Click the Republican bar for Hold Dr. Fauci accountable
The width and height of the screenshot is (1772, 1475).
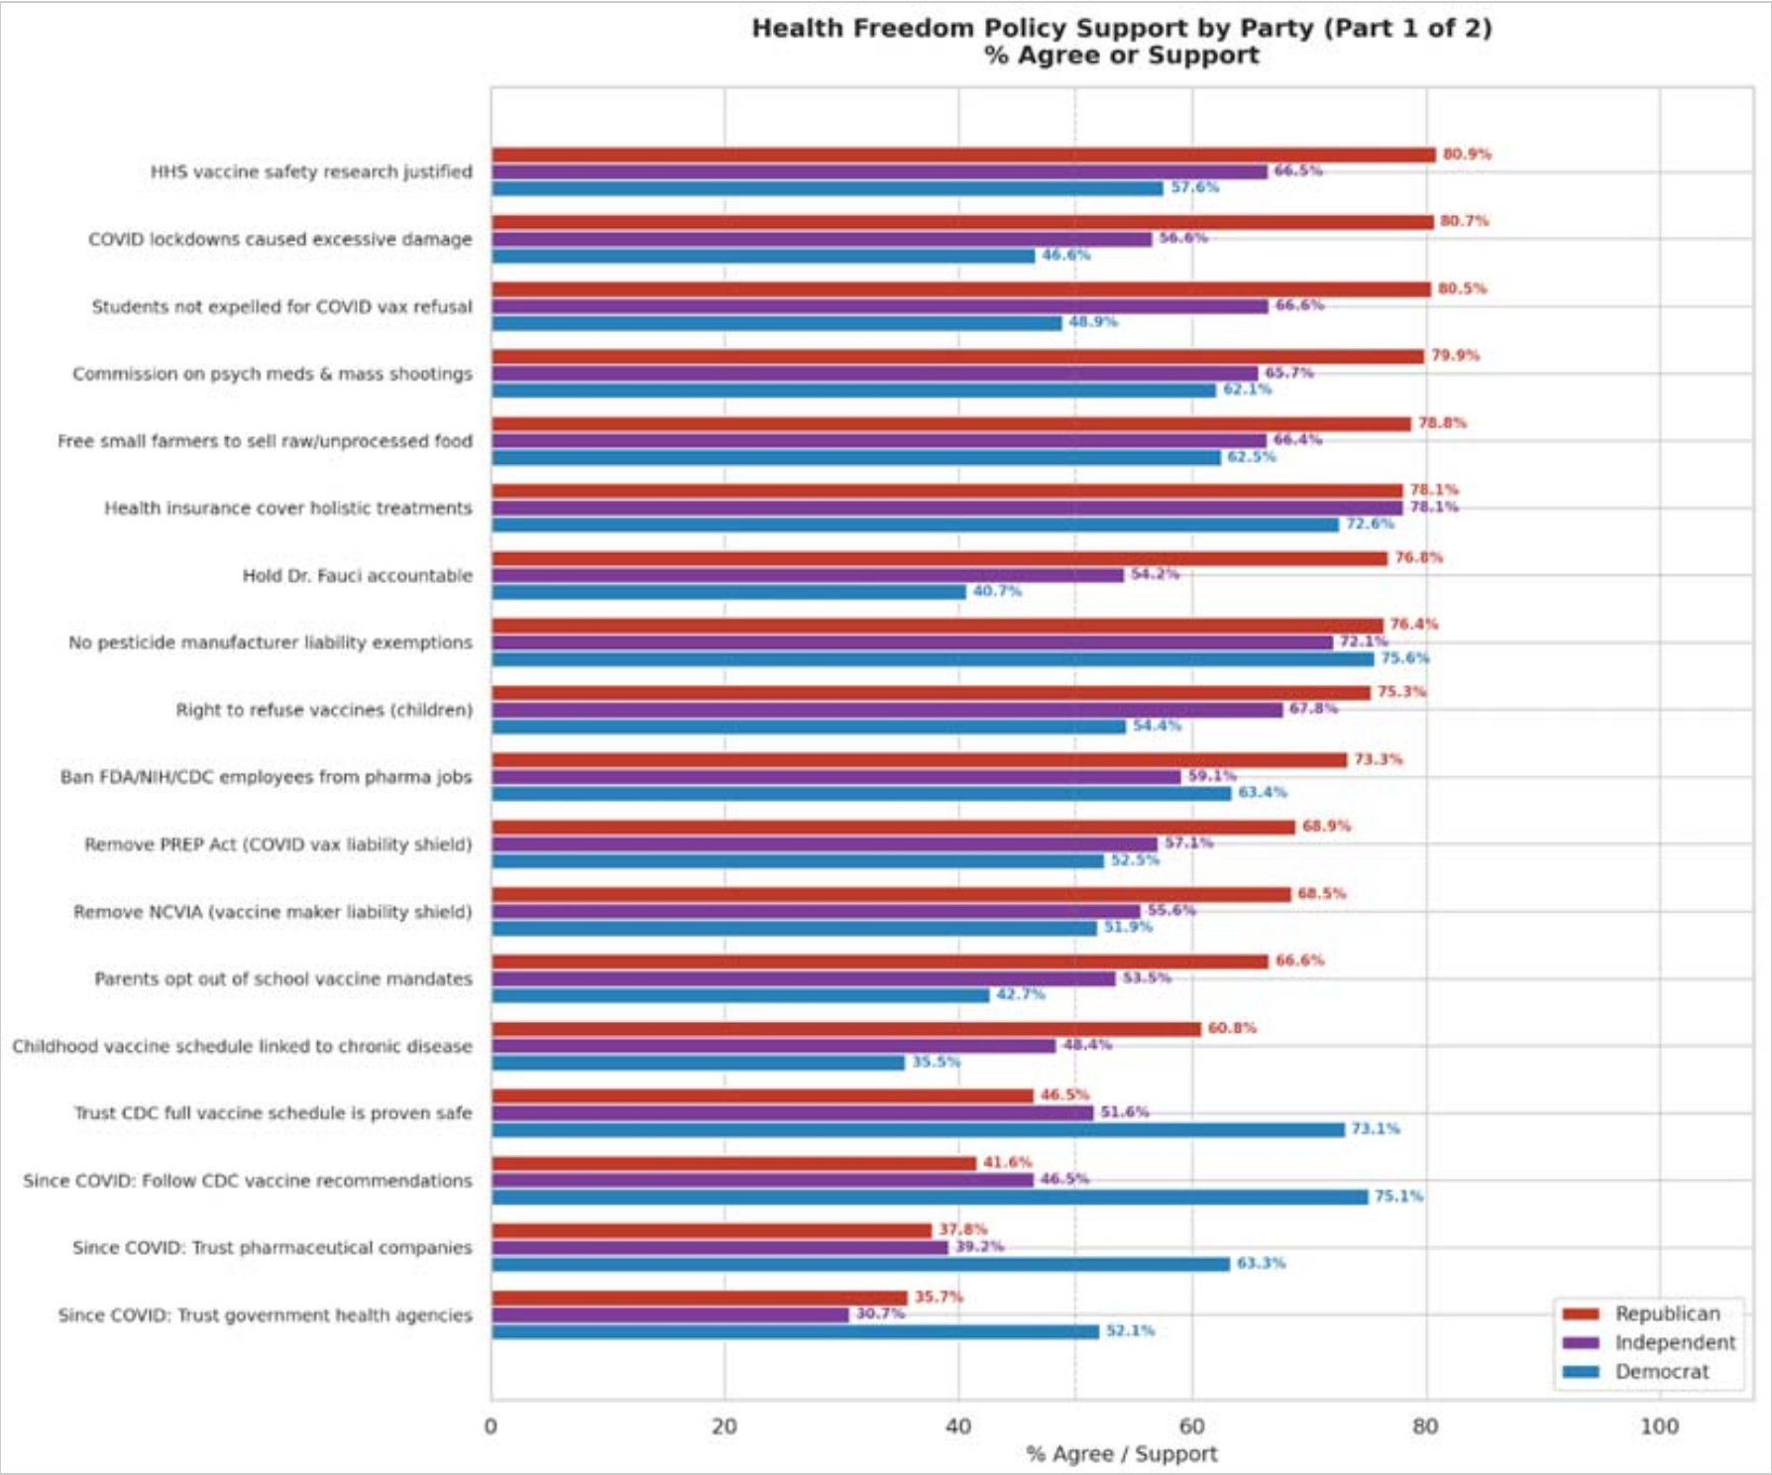[x=939, y=559]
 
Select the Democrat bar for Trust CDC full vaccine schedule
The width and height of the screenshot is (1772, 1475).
[x=918, y=1130]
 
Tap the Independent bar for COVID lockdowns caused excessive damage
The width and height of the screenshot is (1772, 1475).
[x=822, y=239]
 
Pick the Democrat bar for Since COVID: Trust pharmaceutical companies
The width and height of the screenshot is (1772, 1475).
[x=860, y=1264]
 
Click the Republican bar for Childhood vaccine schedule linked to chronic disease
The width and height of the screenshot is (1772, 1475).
[x=845, y=1029]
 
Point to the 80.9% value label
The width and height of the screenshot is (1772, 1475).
[x=1467, y=155]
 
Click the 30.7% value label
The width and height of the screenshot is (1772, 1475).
[x=880, y=1313]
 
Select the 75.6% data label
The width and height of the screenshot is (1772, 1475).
[x=1404, y=658]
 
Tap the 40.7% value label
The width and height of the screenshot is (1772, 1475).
[x=997, y=591]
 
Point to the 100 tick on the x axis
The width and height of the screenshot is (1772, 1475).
[x=1659, y=1426]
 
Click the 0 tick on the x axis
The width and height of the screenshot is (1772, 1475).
[x=491, y=1426]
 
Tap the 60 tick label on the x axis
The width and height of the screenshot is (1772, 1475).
[x=1191, y=1426]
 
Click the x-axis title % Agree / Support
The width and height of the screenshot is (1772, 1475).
[x=1122, y=1454]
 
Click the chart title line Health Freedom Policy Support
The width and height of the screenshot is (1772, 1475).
[x=1121, y=28]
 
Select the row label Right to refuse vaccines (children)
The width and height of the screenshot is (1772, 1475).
[x=324, y=710]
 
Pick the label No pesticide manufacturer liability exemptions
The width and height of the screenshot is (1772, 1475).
[x=270, y=642]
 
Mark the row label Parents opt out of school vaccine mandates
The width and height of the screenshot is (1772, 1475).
[x=283, y=978]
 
